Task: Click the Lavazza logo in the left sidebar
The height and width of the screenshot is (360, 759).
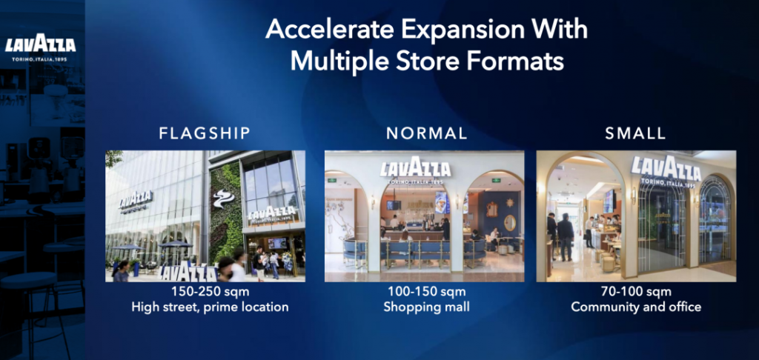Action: coord(41,45)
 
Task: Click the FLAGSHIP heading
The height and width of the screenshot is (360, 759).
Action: coord(205,133)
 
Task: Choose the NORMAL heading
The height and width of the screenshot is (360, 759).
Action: coord(426,133)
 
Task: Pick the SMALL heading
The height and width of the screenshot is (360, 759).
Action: coord(635,133)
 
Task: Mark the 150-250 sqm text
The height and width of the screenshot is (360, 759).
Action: coord(210,292)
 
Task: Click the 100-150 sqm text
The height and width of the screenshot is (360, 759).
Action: coord(426,292)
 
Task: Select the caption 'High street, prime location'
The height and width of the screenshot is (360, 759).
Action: coord(210,307)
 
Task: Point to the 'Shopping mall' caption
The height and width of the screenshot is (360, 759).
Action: coord(426,307)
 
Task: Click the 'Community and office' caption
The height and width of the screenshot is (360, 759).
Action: coord(636,307)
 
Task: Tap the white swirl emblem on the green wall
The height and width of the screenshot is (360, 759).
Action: coord(223,198)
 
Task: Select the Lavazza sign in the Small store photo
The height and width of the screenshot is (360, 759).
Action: coord(666,170)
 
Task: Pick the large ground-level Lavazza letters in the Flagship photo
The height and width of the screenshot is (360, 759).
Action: coord(188,272)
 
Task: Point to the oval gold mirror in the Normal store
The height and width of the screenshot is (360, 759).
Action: coord(510,222)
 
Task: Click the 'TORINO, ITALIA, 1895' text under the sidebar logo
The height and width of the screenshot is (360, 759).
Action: coord(40,59)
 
